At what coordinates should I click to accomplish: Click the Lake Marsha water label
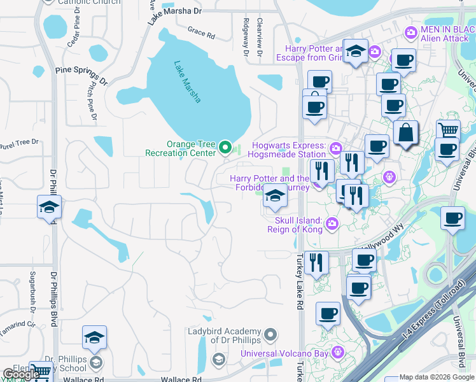tap(188, 81)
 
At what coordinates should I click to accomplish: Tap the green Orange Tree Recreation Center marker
tap(225, 148)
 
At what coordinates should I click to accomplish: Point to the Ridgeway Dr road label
tap(245, 36)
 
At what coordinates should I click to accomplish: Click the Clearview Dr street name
tap(260, 37)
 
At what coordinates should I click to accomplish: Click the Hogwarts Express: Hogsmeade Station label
tap(289, 150)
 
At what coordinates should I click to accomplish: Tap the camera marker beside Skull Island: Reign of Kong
tap(332, 223)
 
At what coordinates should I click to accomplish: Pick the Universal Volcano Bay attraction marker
tap(338, 351)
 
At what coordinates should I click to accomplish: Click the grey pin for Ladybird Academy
tap(270, 334)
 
